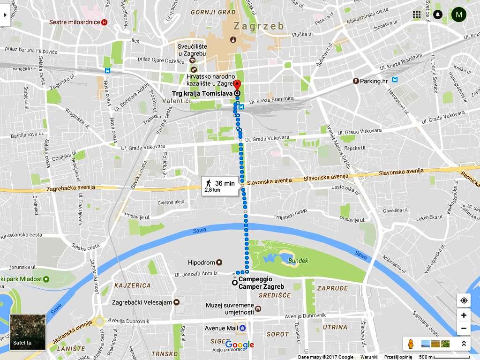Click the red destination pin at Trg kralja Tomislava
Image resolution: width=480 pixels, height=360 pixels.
[237, 86]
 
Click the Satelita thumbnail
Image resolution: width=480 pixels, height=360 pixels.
[28, 332]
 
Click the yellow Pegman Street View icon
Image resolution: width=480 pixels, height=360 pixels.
[411, 344]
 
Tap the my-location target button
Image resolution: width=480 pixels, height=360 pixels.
[464, 300]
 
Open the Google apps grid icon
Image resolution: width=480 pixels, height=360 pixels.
[417, 15]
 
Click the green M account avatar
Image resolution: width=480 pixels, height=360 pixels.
[458, 15]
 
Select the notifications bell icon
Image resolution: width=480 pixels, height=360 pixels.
[438, 15]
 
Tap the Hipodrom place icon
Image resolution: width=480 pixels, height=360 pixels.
[219, 262]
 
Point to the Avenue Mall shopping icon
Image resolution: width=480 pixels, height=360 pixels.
[242, 328]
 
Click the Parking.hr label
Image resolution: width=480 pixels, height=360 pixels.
[374, 81]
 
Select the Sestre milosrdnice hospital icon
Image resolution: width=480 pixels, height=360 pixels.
[104, 22]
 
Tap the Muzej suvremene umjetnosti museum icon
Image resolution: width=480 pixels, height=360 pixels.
[258, 309]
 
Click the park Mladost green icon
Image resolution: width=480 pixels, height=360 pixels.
[46, 279]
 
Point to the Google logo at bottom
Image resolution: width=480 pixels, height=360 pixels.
[240, 345]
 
